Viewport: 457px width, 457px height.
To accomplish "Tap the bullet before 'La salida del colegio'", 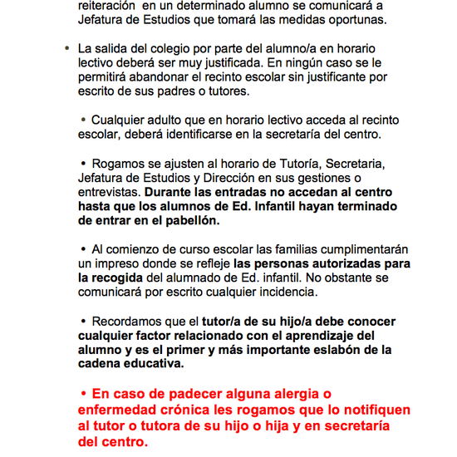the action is coord(66,48).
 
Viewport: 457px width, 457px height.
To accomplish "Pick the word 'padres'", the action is coord(183,91).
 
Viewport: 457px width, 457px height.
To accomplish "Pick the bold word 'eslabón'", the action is coord(335,350).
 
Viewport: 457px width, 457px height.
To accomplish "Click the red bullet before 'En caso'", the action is coord(83,393).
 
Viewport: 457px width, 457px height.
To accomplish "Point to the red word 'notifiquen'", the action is coord(371,410).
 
